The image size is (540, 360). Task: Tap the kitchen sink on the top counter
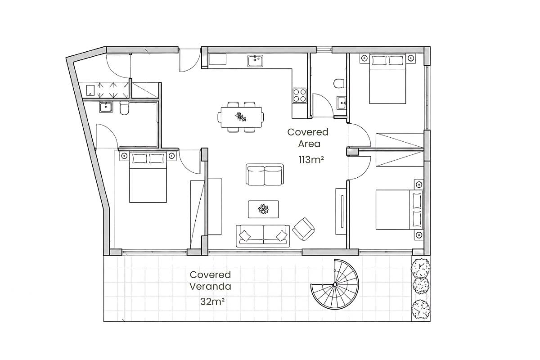[255, 61]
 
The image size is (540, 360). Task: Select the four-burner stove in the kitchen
[300, 95]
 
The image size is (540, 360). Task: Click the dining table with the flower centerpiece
[241, 117]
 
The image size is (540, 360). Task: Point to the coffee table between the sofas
[263, 209]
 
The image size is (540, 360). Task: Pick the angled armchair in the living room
[303, 229]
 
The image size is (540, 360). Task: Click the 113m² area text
[311, 160]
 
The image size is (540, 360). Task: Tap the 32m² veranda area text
[212, 301]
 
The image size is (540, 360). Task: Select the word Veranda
[210, 287]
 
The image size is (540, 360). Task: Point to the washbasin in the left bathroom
[106, 107]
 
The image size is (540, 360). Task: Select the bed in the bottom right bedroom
[399, 210]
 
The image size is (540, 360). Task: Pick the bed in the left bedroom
[148, 177]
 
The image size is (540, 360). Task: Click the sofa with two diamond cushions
[263, 236]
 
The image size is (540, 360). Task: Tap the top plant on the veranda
[420, 268]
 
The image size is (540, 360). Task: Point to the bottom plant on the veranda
[420, 309]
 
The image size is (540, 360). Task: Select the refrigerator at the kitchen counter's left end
[217, 59]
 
